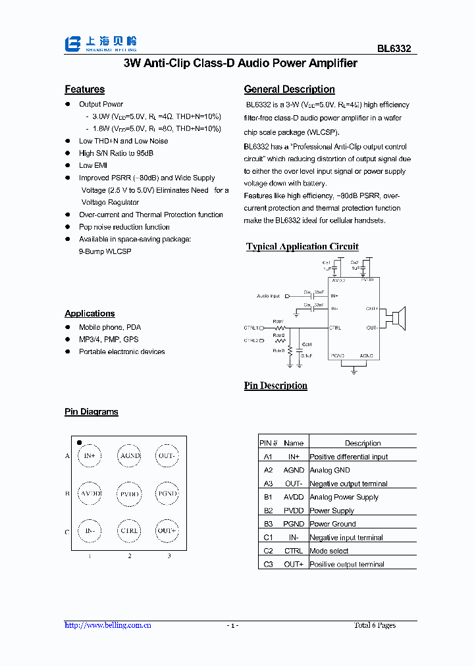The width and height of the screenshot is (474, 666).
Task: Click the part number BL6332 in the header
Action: click(394, 49)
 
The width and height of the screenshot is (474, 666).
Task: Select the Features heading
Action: click(84, 90)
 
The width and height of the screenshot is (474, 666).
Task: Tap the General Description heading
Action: click(289, 90)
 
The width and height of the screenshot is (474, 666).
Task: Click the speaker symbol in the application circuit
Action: click(399, 319)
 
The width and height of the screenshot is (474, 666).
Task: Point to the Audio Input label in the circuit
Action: click(268, 296)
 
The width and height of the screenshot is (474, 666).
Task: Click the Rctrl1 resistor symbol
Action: click(281, 327)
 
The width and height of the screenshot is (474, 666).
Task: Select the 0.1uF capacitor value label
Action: click(306, 355)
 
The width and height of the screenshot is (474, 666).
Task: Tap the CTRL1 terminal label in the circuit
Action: click(251, 327)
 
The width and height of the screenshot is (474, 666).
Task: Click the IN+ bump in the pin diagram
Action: click(90, 455)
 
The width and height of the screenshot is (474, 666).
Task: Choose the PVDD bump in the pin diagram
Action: click(129, 494)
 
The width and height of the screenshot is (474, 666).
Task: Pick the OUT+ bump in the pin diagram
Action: click(167, 530)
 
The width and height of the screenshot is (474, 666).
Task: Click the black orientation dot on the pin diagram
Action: click(79, 443)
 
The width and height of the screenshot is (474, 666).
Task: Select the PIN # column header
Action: click(268, 443)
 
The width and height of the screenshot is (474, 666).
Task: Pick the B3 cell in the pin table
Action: click(268, 524)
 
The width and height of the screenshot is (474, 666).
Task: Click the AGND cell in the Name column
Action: click(294, 470)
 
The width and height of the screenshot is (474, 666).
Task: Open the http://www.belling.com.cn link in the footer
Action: click(108, 625)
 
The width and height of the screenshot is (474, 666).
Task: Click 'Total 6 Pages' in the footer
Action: click(375, 625)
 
